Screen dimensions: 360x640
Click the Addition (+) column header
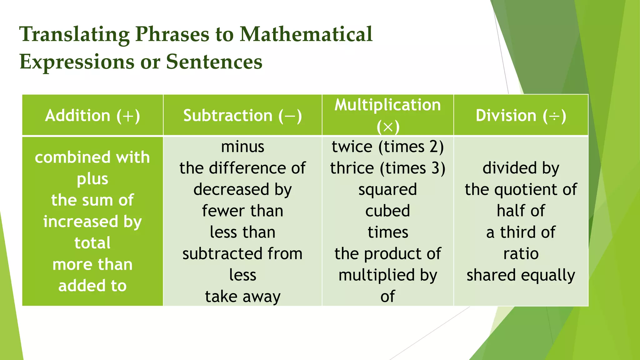92,116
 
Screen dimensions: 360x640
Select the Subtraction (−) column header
242,116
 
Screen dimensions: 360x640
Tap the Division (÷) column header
521,116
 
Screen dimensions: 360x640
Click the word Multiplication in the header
387,105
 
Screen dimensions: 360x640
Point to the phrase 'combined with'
92,157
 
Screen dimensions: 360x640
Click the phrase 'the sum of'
92,200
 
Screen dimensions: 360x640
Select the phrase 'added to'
92,286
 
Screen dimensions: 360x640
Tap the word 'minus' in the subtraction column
242,147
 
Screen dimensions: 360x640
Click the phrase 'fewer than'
242,211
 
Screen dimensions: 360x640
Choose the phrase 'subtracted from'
242,254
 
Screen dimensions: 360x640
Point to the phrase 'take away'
242,297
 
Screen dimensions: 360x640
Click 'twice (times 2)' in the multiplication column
387,147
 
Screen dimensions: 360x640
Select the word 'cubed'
387,211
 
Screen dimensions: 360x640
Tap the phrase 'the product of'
387,254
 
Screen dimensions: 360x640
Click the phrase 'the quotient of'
521,189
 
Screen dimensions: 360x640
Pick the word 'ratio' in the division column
521,254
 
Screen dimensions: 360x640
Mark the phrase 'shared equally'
521,275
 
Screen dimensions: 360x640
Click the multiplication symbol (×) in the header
388,127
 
